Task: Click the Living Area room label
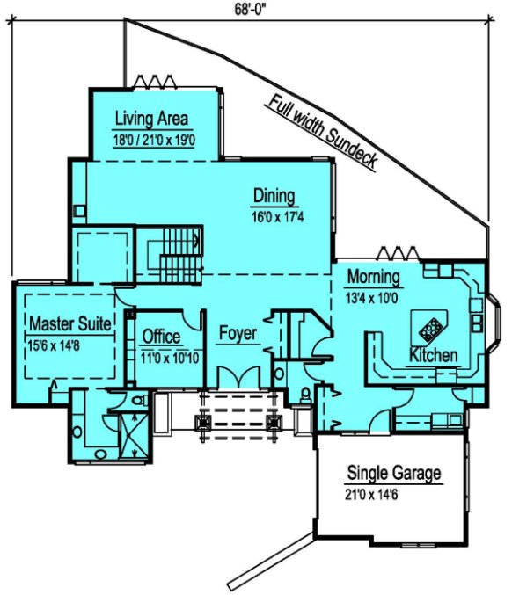[151, 119]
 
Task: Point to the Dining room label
[274, 196]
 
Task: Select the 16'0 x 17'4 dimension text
[278, 217]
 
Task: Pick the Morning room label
[373, 276]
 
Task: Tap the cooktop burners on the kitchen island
[430, 329]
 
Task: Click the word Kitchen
[434, 355]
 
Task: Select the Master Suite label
[70, 323]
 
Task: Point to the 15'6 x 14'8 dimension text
[54, 345]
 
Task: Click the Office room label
[161, 337]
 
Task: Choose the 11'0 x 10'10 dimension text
[170, 358]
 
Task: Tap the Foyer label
[238, 333]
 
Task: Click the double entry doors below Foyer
[238, 377]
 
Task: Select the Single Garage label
[394, 473]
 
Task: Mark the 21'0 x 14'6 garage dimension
[371, 495]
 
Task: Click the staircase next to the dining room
[170, 255]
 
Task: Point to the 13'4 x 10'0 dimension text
[371, 298]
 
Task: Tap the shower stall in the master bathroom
[135, 436]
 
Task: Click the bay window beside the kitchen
[494, 323]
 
